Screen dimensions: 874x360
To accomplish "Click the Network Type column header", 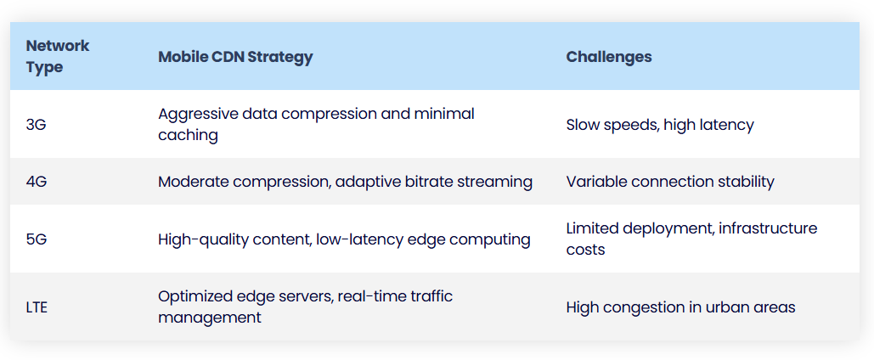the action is coord(58,56).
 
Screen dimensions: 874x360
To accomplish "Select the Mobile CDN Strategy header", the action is coord(235,57).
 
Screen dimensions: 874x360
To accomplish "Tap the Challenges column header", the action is coord(609,57).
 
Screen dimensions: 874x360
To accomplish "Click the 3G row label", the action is coord(37,125).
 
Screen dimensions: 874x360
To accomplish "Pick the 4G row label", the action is coord(37,182).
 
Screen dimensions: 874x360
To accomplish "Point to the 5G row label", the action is coord(37,239).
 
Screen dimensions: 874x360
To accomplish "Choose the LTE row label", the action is coord(37,307).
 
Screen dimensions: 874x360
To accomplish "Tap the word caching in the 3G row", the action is coord(188,136).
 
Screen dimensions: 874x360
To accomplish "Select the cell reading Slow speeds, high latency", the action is coord(660,125).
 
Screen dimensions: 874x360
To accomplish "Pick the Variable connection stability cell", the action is coord(670,182).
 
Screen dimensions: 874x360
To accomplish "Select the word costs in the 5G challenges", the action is coord(585,250).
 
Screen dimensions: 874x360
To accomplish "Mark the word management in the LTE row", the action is coord(210,318).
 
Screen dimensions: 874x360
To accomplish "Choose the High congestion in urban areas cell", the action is coord(680,307).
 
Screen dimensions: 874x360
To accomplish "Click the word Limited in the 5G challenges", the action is coord(588,228).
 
